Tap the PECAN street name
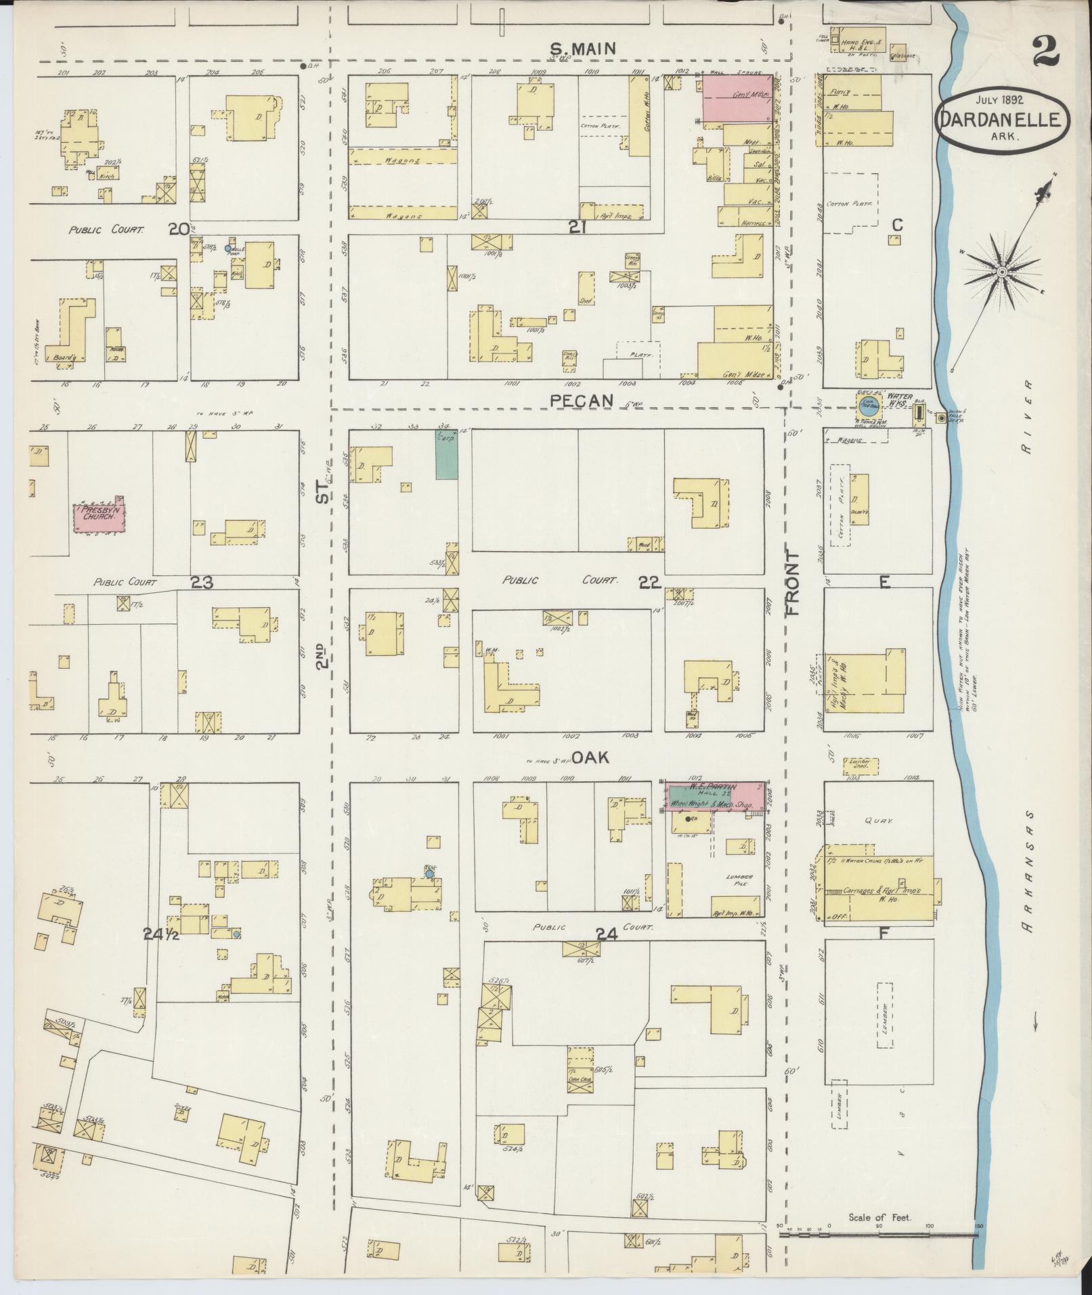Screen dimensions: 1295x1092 click(582, 401)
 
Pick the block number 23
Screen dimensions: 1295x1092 click(202, 582)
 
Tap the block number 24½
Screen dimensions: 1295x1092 click(161, 934)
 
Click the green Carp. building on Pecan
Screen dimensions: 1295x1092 click(446, 456)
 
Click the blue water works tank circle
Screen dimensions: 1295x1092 click(868, 408)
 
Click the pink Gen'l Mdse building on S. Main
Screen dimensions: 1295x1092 click(737, 99)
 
